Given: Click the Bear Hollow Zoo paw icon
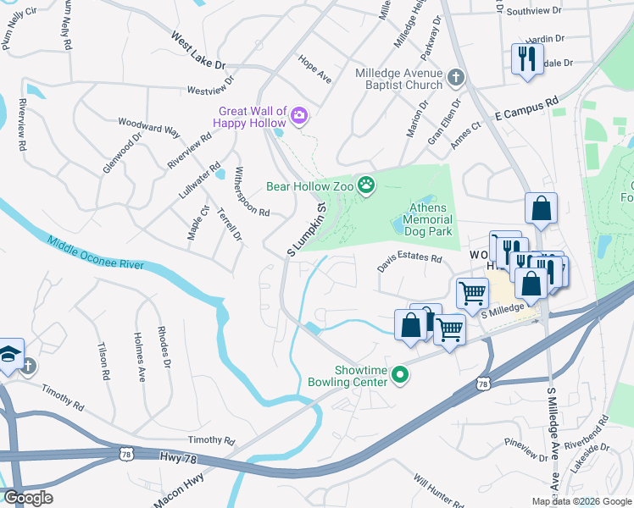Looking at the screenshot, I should pos(366,185).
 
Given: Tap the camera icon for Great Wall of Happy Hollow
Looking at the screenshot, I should pos(298,114).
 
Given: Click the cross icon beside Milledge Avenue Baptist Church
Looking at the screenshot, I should pos(455,78).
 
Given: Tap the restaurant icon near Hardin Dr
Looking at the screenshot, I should pos(527,59).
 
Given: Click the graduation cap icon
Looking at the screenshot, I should pos(8,353).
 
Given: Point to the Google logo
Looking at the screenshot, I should pos(27,498).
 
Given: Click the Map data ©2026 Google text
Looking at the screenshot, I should pos(581,501).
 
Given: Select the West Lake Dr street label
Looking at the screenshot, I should pos(198,52).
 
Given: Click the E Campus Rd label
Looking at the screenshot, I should pos(527,107).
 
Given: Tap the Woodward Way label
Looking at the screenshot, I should pos(149,127).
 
